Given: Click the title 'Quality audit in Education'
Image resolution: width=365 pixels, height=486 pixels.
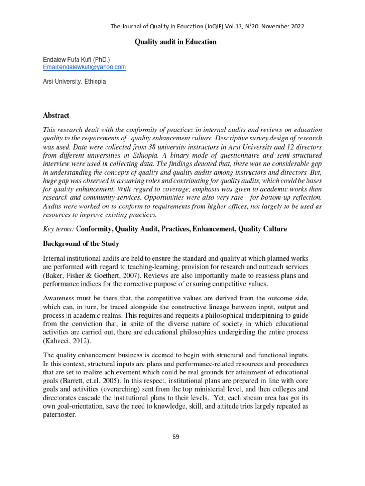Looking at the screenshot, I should (176, 42).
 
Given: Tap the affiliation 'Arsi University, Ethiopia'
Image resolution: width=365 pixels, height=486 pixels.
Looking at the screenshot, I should (74, 81).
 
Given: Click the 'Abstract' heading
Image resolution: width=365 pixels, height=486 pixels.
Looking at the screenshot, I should (56, 115).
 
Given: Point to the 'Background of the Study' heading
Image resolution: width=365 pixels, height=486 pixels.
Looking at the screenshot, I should (81, 243).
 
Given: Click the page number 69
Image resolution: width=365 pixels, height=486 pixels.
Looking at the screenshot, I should (175, 437).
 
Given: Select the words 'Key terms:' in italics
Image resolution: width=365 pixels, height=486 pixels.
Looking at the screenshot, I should (58, 229).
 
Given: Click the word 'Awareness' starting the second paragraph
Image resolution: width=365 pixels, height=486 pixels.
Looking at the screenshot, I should (60, 299).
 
